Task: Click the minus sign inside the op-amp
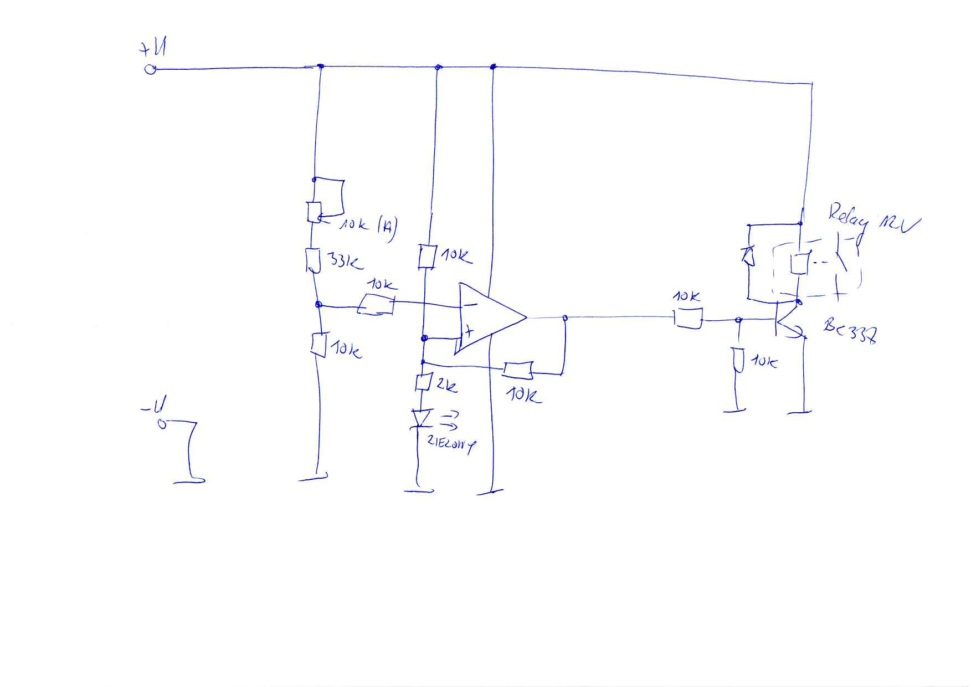click(x=469, y=304)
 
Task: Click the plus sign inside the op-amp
click(x=469, y=333)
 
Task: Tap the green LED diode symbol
click(x=423, y=418)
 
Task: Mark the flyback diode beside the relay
click(x=748, y=255)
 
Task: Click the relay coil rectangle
click(x=798, y=263)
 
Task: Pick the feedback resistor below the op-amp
click(x=518, y=370)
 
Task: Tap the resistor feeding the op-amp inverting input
click(x=376, y=305)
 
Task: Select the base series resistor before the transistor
click(x=688, y=319)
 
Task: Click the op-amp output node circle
click(x=564, y=318)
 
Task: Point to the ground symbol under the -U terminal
click(x=189, y=480)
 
